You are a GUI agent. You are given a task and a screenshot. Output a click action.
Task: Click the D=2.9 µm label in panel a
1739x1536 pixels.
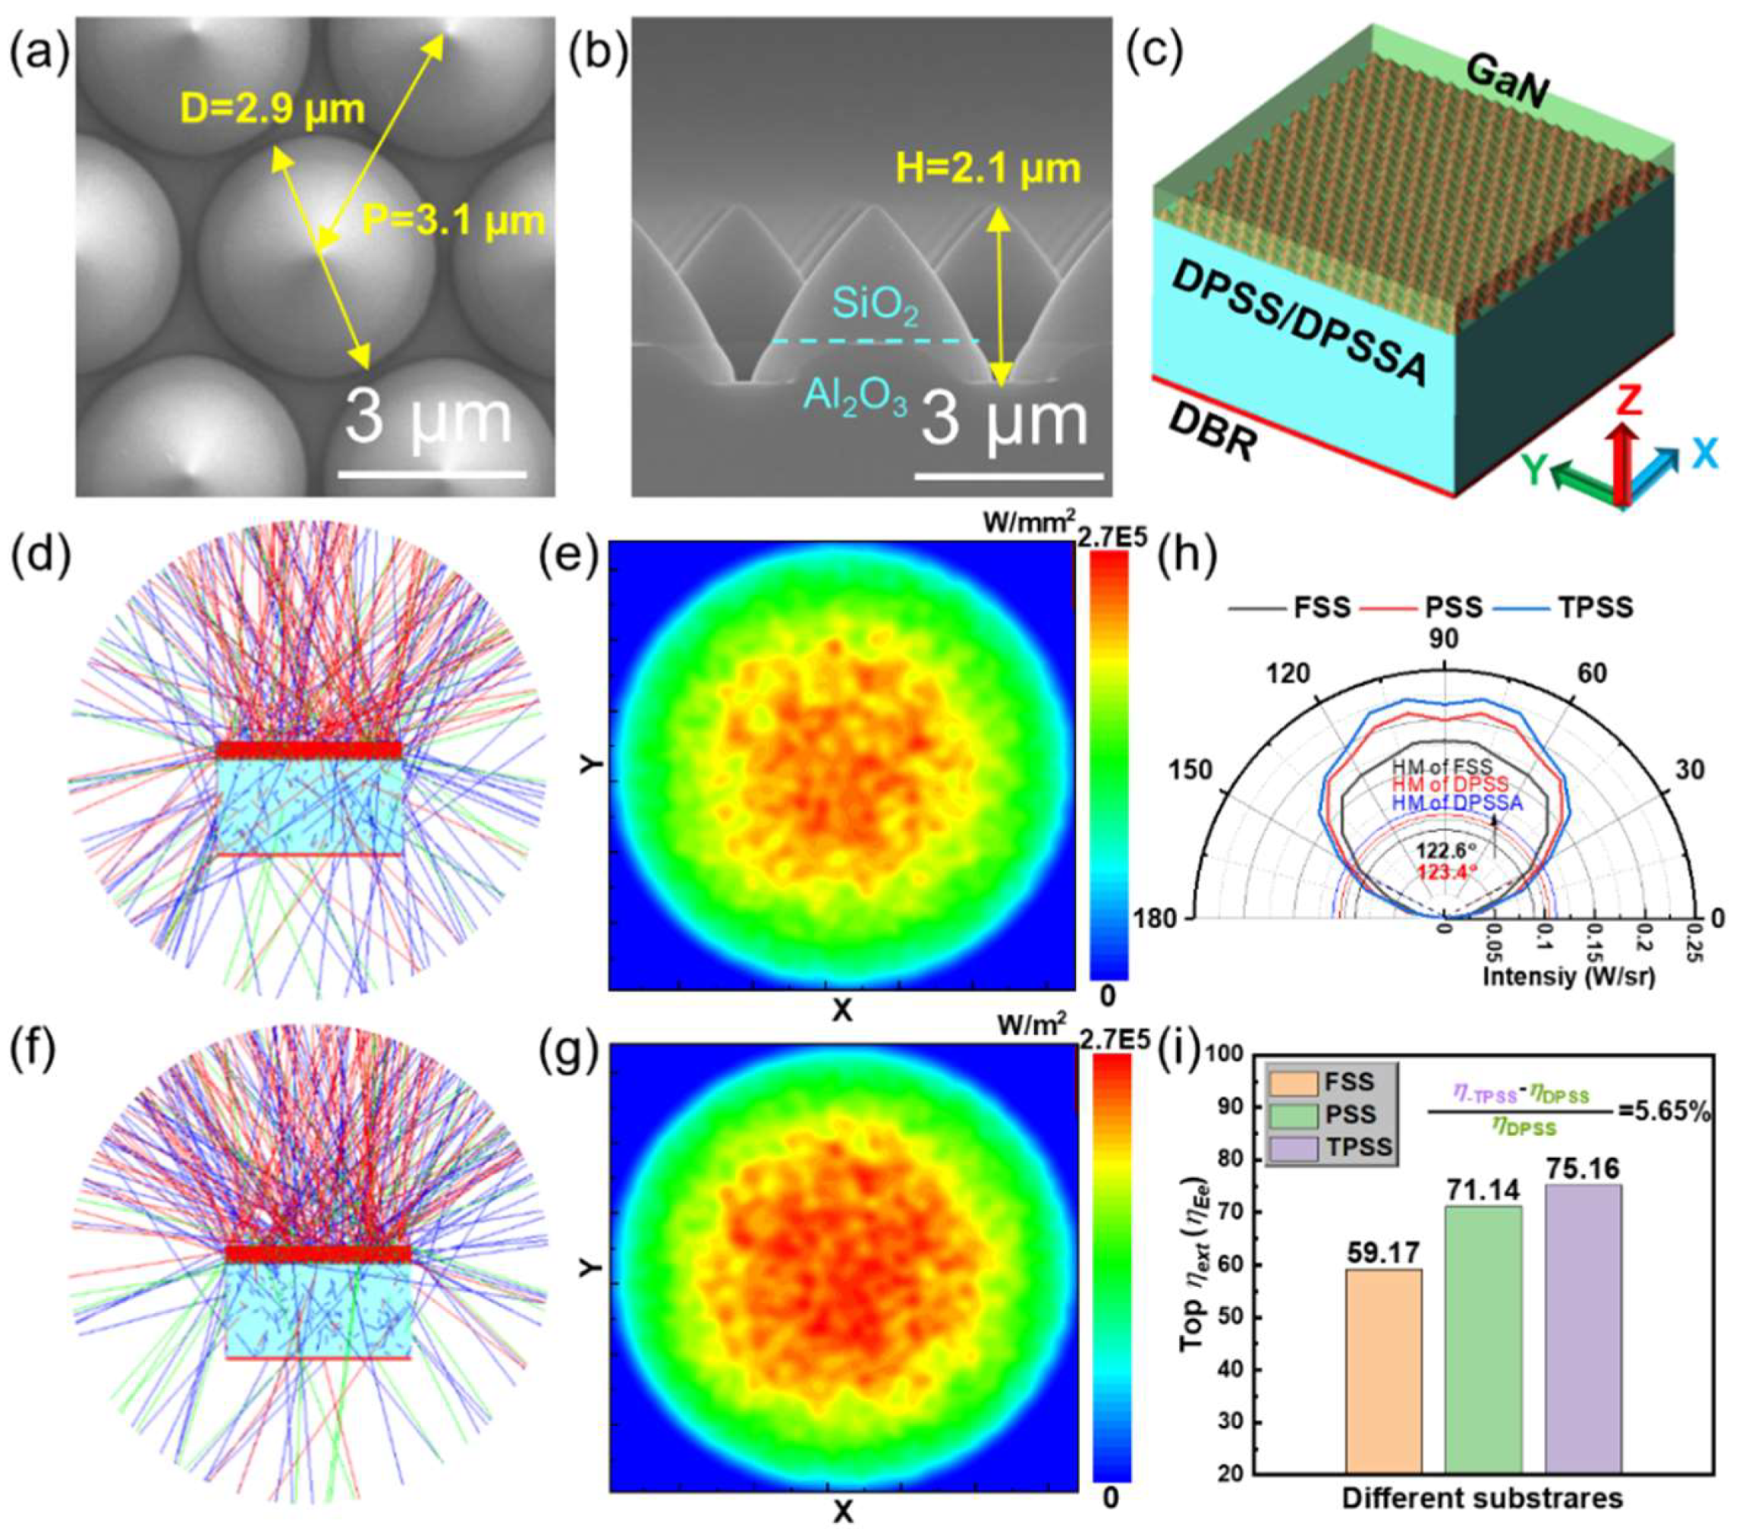272,111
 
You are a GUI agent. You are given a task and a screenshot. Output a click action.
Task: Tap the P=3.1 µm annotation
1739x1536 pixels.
454,222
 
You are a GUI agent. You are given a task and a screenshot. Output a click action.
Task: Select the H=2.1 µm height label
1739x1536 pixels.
988,169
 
